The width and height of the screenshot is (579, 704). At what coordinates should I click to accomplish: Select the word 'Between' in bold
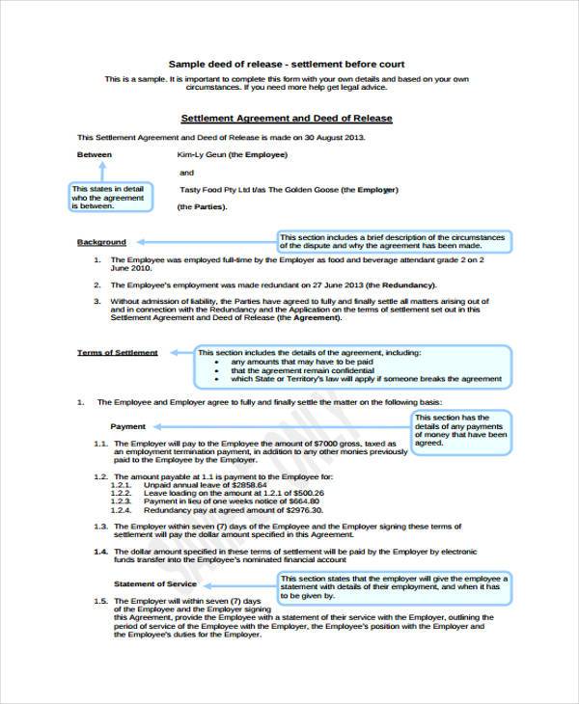[x=95, y=154]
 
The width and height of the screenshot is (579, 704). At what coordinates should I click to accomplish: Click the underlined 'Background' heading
[x=101, y=242]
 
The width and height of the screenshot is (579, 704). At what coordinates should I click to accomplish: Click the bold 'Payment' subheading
[x=128, y=425]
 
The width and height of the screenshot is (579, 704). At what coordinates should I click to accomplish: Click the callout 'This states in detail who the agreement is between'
[x=108, y=198]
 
